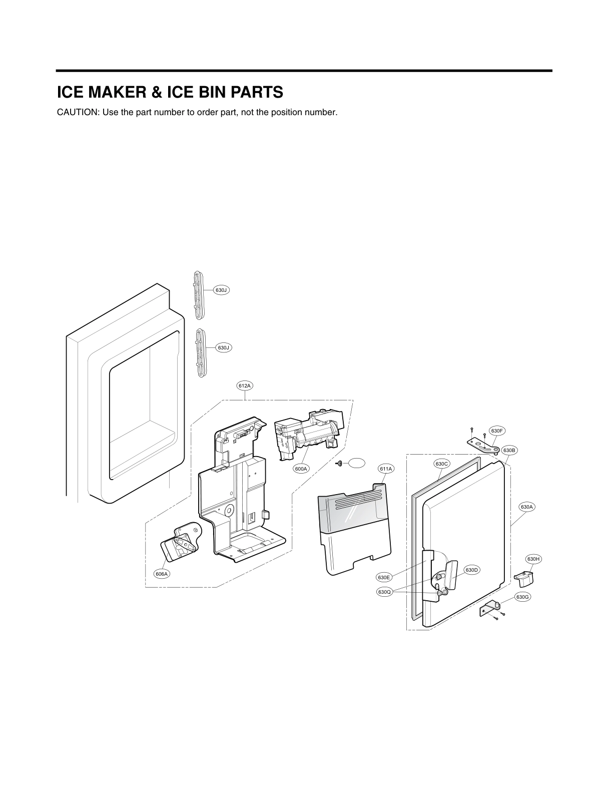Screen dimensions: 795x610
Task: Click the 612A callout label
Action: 244,385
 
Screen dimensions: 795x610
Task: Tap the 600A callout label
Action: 301,469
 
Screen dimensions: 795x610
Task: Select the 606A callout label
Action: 162,574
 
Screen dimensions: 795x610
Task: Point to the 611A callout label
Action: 386,469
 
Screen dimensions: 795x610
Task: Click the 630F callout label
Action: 496,431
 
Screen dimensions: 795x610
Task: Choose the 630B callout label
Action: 509,450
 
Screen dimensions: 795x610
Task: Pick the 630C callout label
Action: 442,464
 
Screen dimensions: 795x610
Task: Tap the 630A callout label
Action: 527,507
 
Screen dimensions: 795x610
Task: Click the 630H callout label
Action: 532,558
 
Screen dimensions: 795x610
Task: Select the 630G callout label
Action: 522,597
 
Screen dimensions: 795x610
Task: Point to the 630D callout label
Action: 472,570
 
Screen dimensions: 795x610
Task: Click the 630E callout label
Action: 384,578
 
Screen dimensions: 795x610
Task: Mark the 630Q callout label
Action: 384,592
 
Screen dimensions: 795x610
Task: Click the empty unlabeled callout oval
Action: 357,463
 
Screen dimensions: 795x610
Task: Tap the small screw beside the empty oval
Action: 339,464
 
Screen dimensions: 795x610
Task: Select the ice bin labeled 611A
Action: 354,531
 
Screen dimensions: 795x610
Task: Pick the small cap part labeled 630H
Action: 523,579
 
